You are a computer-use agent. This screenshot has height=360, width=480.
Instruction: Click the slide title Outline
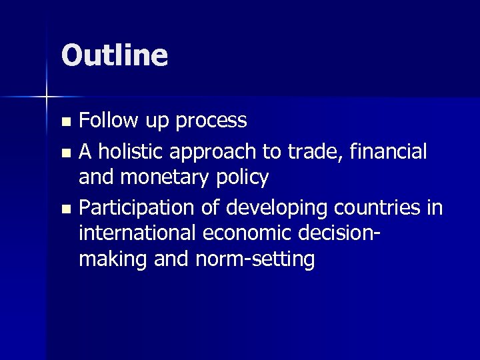(114, 55)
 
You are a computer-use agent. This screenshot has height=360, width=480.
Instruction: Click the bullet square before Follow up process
(65, 122)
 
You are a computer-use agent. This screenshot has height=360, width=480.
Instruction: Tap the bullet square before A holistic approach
(65, 153)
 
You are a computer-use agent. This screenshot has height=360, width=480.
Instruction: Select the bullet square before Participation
(65, 209)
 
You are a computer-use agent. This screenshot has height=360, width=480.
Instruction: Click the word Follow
(107, 121)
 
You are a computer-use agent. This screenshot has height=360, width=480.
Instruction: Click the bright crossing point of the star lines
(47, 98)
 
